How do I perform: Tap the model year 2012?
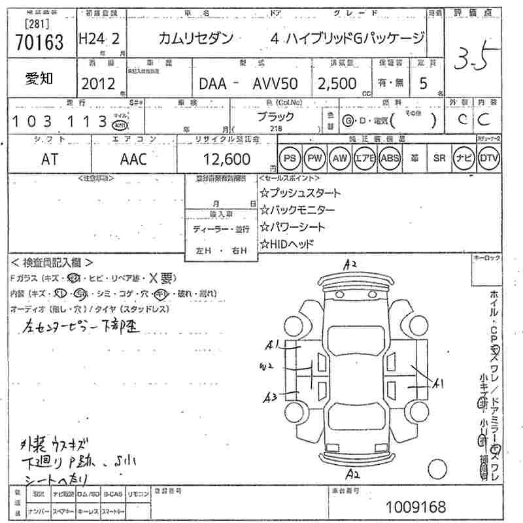click(x=97, y=84)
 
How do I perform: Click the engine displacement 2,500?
click(x=337, y=84)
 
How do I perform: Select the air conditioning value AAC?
click(x=133, y=159)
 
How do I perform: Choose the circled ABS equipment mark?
click(x=391, y=158)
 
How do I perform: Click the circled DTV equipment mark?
click(x=488, y=158)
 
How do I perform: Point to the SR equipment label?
click(x=439, y=158)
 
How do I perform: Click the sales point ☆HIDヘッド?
click(x=287, y=244)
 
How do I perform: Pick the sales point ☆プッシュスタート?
click(x=300, y=193)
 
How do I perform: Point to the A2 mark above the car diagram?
click(x=351, y=264)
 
